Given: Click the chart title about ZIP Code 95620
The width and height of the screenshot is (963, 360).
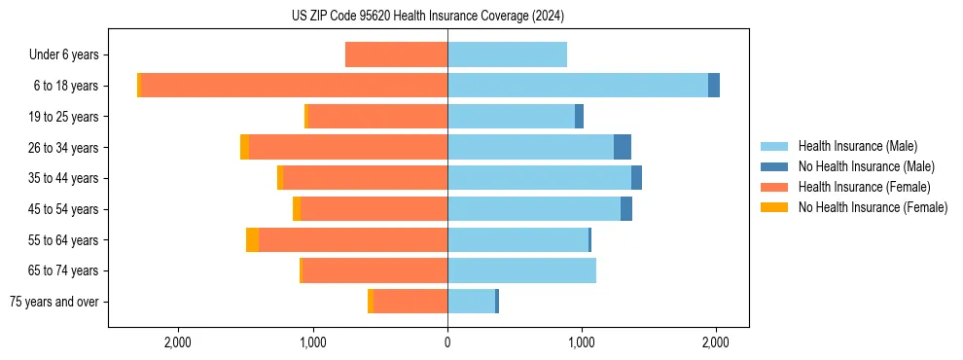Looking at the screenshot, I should [427, 16].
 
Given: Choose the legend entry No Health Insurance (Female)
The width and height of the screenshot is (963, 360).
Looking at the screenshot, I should [873, 207].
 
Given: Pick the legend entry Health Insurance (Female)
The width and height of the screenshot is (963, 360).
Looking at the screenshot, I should [864, 187].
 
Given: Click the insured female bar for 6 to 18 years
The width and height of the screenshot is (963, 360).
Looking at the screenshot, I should [294, 86].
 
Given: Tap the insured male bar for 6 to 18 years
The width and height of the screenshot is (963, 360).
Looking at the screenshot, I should [578, 86].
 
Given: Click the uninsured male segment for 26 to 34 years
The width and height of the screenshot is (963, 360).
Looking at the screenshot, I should [623, 147].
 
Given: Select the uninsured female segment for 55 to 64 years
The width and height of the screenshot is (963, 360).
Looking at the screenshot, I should [252, 239].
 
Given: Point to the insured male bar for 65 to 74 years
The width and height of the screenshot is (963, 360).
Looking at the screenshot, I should [521, 270].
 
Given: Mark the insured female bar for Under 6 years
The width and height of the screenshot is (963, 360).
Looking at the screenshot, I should [396, 54].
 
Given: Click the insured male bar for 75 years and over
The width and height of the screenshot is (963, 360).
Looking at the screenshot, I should [471, 302].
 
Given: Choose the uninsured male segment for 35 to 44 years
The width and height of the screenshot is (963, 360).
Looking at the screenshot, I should [636, 178].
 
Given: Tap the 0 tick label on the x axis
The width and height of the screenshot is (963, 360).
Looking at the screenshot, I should [447, 342].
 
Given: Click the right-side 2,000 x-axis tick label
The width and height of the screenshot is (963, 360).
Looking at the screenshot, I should [716, 342].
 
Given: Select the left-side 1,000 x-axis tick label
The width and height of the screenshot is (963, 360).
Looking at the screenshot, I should [313, 342].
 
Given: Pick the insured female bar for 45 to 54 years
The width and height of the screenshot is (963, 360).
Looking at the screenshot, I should [374, 209].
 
